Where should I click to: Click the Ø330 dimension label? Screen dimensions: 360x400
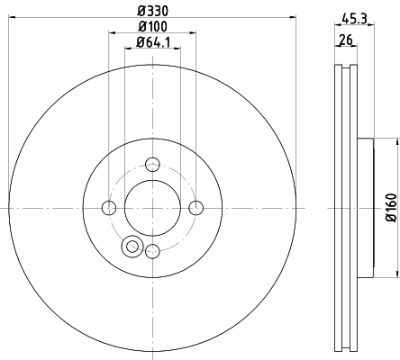click(x=152, y=12)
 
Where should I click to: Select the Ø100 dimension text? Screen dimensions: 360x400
click(x=152, y=27)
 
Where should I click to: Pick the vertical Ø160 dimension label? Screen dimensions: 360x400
click(x=389, y=207)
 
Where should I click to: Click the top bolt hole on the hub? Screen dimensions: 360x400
click(x=152, y=164)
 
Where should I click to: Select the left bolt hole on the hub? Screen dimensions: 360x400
click(x=109, y=208)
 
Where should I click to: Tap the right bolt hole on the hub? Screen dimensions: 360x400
click(x=196, y=208)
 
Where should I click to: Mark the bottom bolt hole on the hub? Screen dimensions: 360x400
click(x=152, y=251)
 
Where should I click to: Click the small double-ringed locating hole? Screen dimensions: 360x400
click(x=132, y=245)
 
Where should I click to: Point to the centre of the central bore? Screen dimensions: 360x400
click(x=152, y=208)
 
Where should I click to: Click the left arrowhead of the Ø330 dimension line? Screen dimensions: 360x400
click(x=11, y=20)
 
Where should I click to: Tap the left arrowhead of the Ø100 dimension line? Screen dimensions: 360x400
click(x=112, y=35)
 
